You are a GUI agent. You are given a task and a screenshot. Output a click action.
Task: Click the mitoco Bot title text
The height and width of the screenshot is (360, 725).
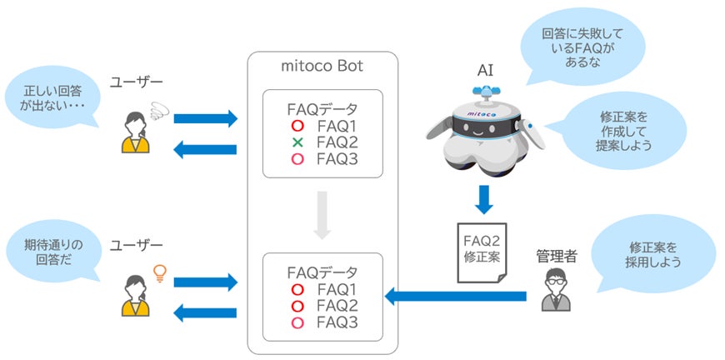tap(322, 66)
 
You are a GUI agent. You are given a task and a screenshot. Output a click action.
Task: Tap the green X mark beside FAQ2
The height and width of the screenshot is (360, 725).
tap(297, 142)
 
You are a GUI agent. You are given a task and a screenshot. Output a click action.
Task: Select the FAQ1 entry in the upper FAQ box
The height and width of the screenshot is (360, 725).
tap(337, 126)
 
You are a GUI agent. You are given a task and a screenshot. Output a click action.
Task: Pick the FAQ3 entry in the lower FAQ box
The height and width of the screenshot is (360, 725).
tap(337, 322)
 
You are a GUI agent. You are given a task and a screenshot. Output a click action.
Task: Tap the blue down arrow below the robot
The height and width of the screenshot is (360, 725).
tap(482, 201)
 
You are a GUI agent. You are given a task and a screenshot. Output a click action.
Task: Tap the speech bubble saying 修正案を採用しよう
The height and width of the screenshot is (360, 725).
tap(653, 255)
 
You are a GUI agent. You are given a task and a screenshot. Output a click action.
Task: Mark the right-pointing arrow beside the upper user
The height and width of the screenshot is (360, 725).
tap(205, 118)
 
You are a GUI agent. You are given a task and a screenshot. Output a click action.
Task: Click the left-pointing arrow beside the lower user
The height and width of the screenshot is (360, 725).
tap(205, 312)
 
